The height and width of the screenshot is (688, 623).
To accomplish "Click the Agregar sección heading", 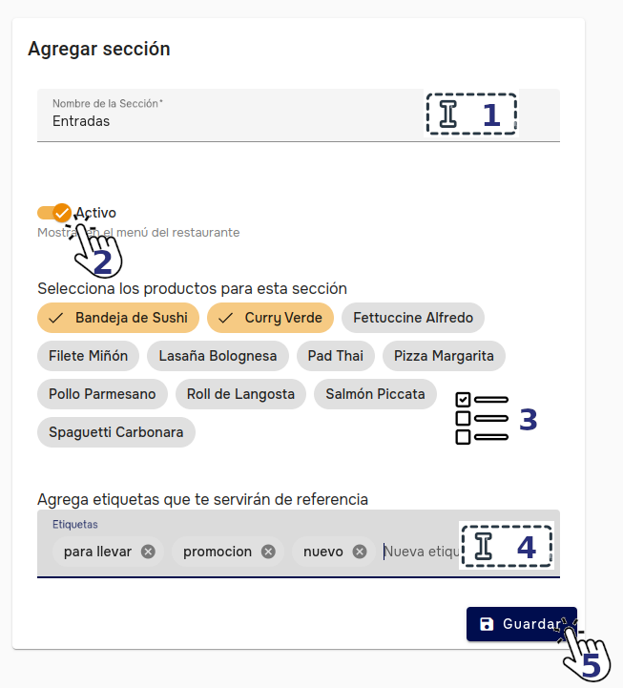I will [99, 48].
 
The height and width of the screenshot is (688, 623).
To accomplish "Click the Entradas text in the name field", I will [81, 121].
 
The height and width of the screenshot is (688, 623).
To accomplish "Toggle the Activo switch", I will [54, 213].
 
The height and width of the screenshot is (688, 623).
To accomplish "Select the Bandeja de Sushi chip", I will [118, 318].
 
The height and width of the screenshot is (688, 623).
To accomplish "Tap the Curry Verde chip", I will [270, 318].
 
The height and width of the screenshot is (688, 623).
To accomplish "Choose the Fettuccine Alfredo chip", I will [413, 318].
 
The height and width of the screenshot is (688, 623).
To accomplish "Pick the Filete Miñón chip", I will [89, 356].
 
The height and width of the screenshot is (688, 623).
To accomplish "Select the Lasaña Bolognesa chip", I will [218, 356].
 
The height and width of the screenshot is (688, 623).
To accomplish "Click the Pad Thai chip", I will [336, 356].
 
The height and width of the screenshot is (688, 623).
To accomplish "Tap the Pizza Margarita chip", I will [444, 356].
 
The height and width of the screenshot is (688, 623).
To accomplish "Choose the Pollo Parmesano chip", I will [103, 394].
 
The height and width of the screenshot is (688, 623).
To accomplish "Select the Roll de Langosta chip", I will [240, 394].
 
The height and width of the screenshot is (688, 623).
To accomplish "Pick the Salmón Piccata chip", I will [375, 394].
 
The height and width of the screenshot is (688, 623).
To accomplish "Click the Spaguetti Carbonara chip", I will [116, 432].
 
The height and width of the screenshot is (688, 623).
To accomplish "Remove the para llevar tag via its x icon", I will [148, 552].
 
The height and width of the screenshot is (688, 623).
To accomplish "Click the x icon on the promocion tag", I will [268, 552].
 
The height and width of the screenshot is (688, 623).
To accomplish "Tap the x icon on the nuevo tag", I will [359, 552].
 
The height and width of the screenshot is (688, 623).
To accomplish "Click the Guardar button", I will [521, 624].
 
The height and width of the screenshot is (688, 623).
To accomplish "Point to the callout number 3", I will [528, 420].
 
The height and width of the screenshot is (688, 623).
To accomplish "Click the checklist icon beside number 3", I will [482, 419].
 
